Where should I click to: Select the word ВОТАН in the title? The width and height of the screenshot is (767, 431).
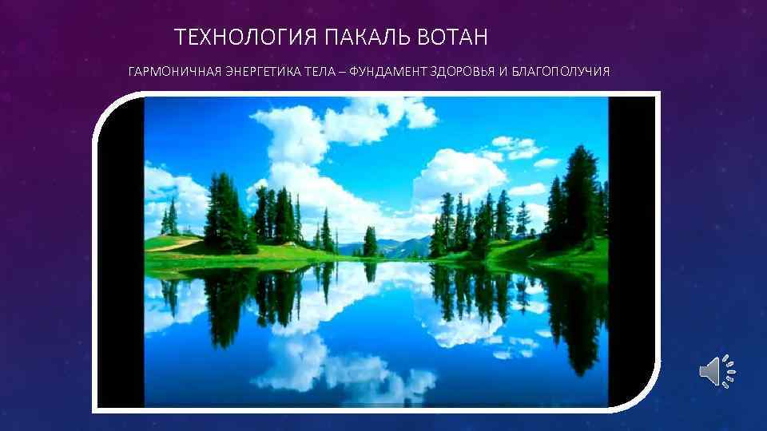458,38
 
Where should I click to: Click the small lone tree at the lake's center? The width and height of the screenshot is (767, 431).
370,241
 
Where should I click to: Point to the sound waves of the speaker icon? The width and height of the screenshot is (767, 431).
729,372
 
